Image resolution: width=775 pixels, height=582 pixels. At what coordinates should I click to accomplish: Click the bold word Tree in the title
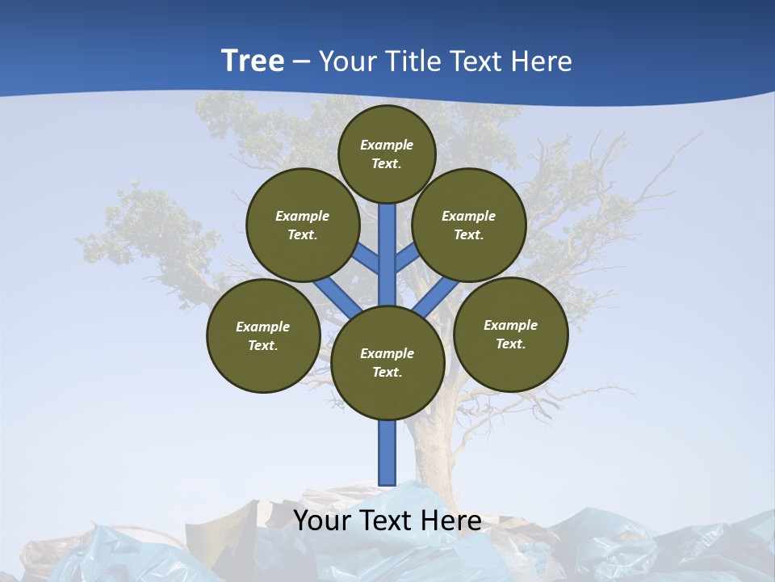253,61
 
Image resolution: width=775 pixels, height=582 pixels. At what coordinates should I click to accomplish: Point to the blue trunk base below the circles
387,453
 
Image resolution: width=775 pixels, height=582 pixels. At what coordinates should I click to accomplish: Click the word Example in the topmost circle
387,145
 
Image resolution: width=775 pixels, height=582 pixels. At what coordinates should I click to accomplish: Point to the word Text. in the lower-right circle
510,344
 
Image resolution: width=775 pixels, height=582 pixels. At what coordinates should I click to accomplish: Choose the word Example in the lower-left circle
262,327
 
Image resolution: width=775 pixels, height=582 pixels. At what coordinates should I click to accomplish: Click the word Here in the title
541,61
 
